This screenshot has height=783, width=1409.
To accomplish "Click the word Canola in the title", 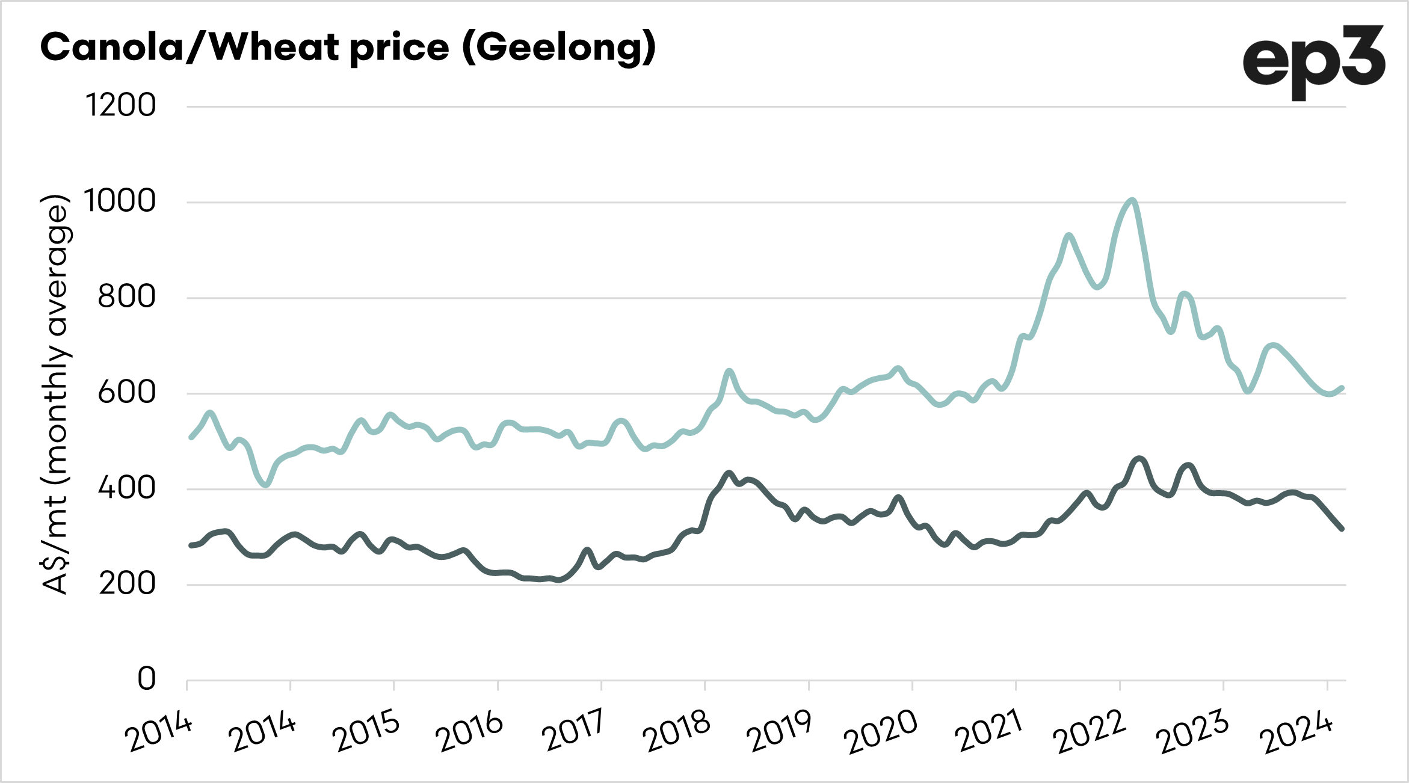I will pos(112,48).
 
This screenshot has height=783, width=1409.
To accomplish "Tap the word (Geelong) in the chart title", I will pos(559,48).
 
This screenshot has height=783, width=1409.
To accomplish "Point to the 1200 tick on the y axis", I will pos(121,106).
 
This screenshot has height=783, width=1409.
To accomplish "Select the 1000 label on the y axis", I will pos(120,201).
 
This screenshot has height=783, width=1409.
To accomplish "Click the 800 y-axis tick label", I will pos(126,297).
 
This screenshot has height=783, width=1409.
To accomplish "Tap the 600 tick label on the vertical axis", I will pos(126,393).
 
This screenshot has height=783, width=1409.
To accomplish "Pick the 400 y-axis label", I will pos(126,488).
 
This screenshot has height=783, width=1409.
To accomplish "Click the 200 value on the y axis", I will pos(127,584).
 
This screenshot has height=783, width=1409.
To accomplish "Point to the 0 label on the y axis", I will pos(147,680).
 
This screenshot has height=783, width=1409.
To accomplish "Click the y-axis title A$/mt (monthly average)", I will pos(55,394).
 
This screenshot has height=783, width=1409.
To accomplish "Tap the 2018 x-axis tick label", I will pos(678,730).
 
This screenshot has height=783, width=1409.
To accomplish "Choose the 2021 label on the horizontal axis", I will pos(990,730).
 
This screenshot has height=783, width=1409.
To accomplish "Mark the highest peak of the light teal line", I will pos(1132,200).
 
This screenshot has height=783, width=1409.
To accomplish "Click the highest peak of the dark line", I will pos(1139,459).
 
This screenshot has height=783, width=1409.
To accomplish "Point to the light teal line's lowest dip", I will pos(266,484).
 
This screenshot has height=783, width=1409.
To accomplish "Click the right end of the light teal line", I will pos(1342,388).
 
